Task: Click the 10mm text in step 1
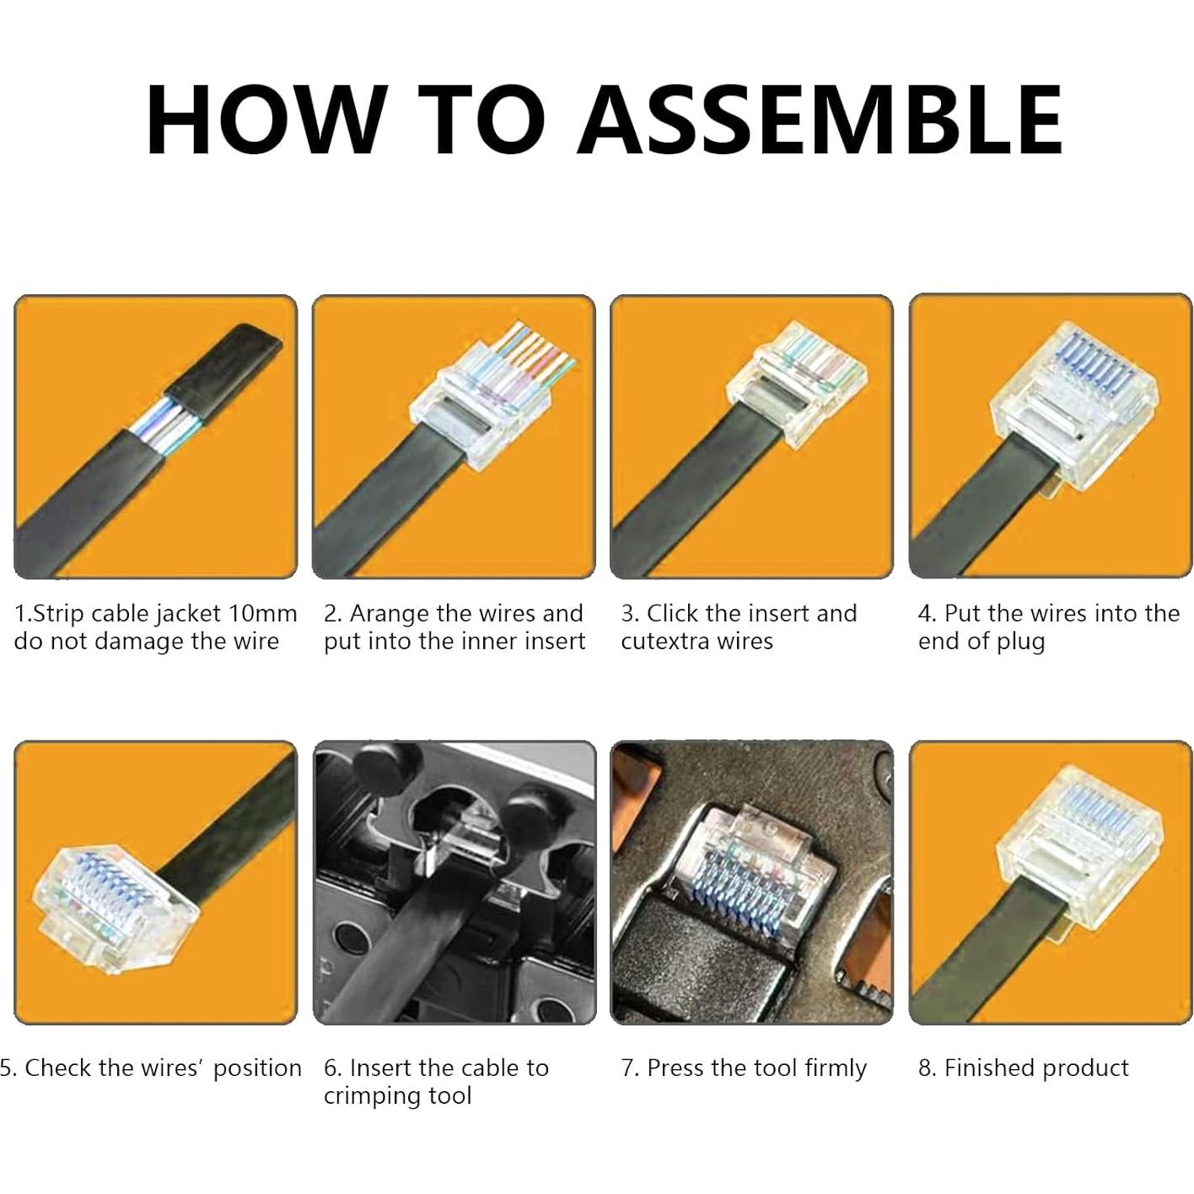(x=263, y=613)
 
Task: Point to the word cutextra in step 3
(x=664, y=642)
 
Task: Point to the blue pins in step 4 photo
(x=1104, y=358)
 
